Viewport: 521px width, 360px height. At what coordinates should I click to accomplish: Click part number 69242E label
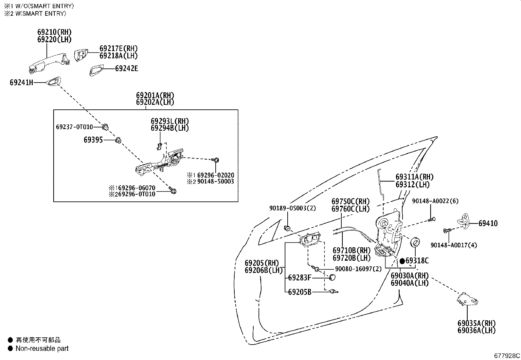click(127, 68)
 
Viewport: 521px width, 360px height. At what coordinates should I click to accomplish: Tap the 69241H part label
click(22, 83)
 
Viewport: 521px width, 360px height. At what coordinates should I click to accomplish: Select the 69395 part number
click(93, 140)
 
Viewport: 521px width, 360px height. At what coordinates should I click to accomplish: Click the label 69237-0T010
click(74, 127)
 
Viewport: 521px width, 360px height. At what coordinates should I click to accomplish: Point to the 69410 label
click(488, 223)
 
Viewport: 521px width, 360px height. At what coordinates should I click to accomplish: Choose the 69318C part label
click(417, 261)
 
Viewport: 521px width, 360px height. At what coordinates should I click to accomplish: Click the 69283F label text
click(299, 278)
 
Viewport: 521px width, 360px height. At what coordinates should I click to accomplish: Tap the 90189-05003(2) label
click(293, 208)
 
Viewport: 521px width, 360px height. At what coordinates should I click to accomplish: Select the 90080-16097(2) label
click(358, 269)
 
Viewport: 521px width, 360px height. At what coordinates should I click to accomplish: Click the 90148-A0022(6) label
click(435, 201)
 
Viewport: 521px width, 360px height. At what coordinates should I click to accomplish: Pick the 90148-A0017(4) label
click(454, 245)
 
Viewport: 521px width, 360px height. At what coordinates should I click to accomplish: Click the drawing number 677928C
click(507, 355)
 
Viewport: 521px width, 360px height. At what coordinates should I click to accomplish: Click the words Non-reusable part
click(42, 349)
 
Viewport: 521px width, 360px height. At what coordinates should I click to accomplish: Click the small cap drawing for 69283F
click(333, 278)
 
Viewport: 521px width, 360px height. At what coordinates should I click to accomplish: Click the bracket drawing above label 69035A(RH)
click(466, 299)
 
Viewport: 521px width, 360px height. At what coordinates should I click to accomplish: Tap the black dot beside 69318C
click(402, 261)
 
